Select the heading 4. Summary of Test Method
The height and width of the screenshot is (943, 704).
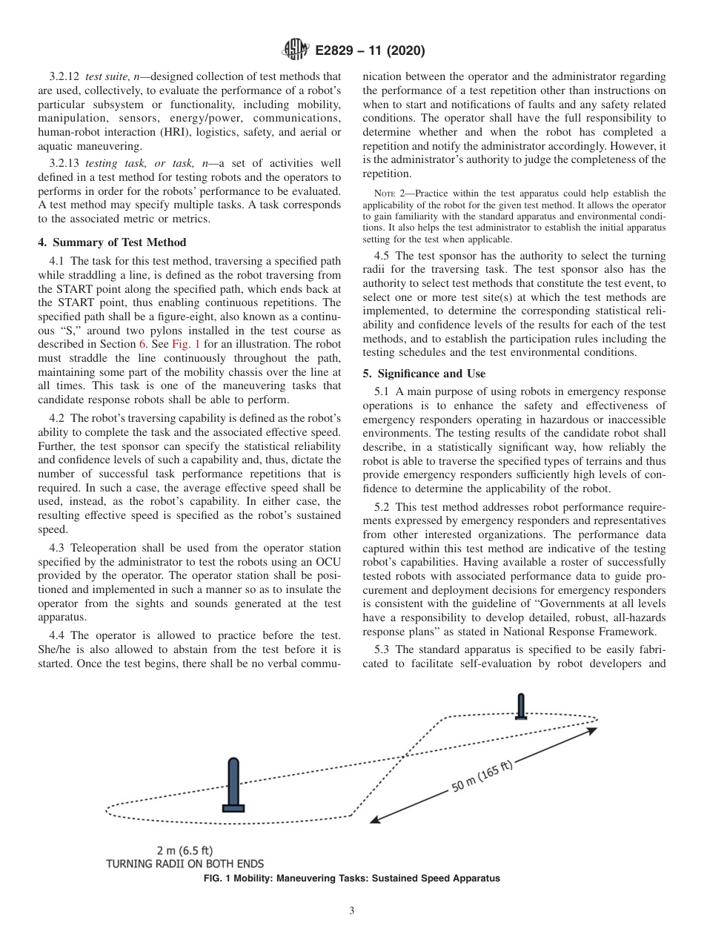click(x=112, y=242)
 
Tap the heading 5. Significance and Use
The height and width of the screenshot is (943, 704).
click(x=424, y=374)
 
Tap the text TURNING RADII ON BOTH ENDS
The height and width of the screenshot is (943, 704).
click(x=185, y=864)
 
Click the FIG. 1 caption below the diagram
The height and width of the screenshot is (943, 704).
click(x=351, y=879)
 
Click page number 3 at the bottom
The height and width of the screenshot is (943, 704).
click(x=352, y=911)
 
